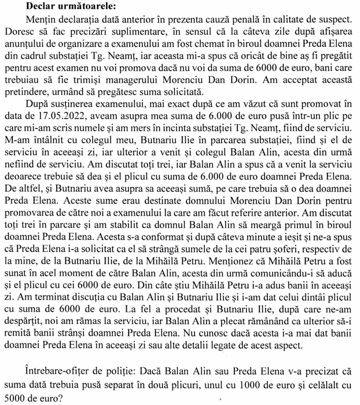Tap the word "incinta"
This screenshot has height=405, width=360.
tap(199, 132)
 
